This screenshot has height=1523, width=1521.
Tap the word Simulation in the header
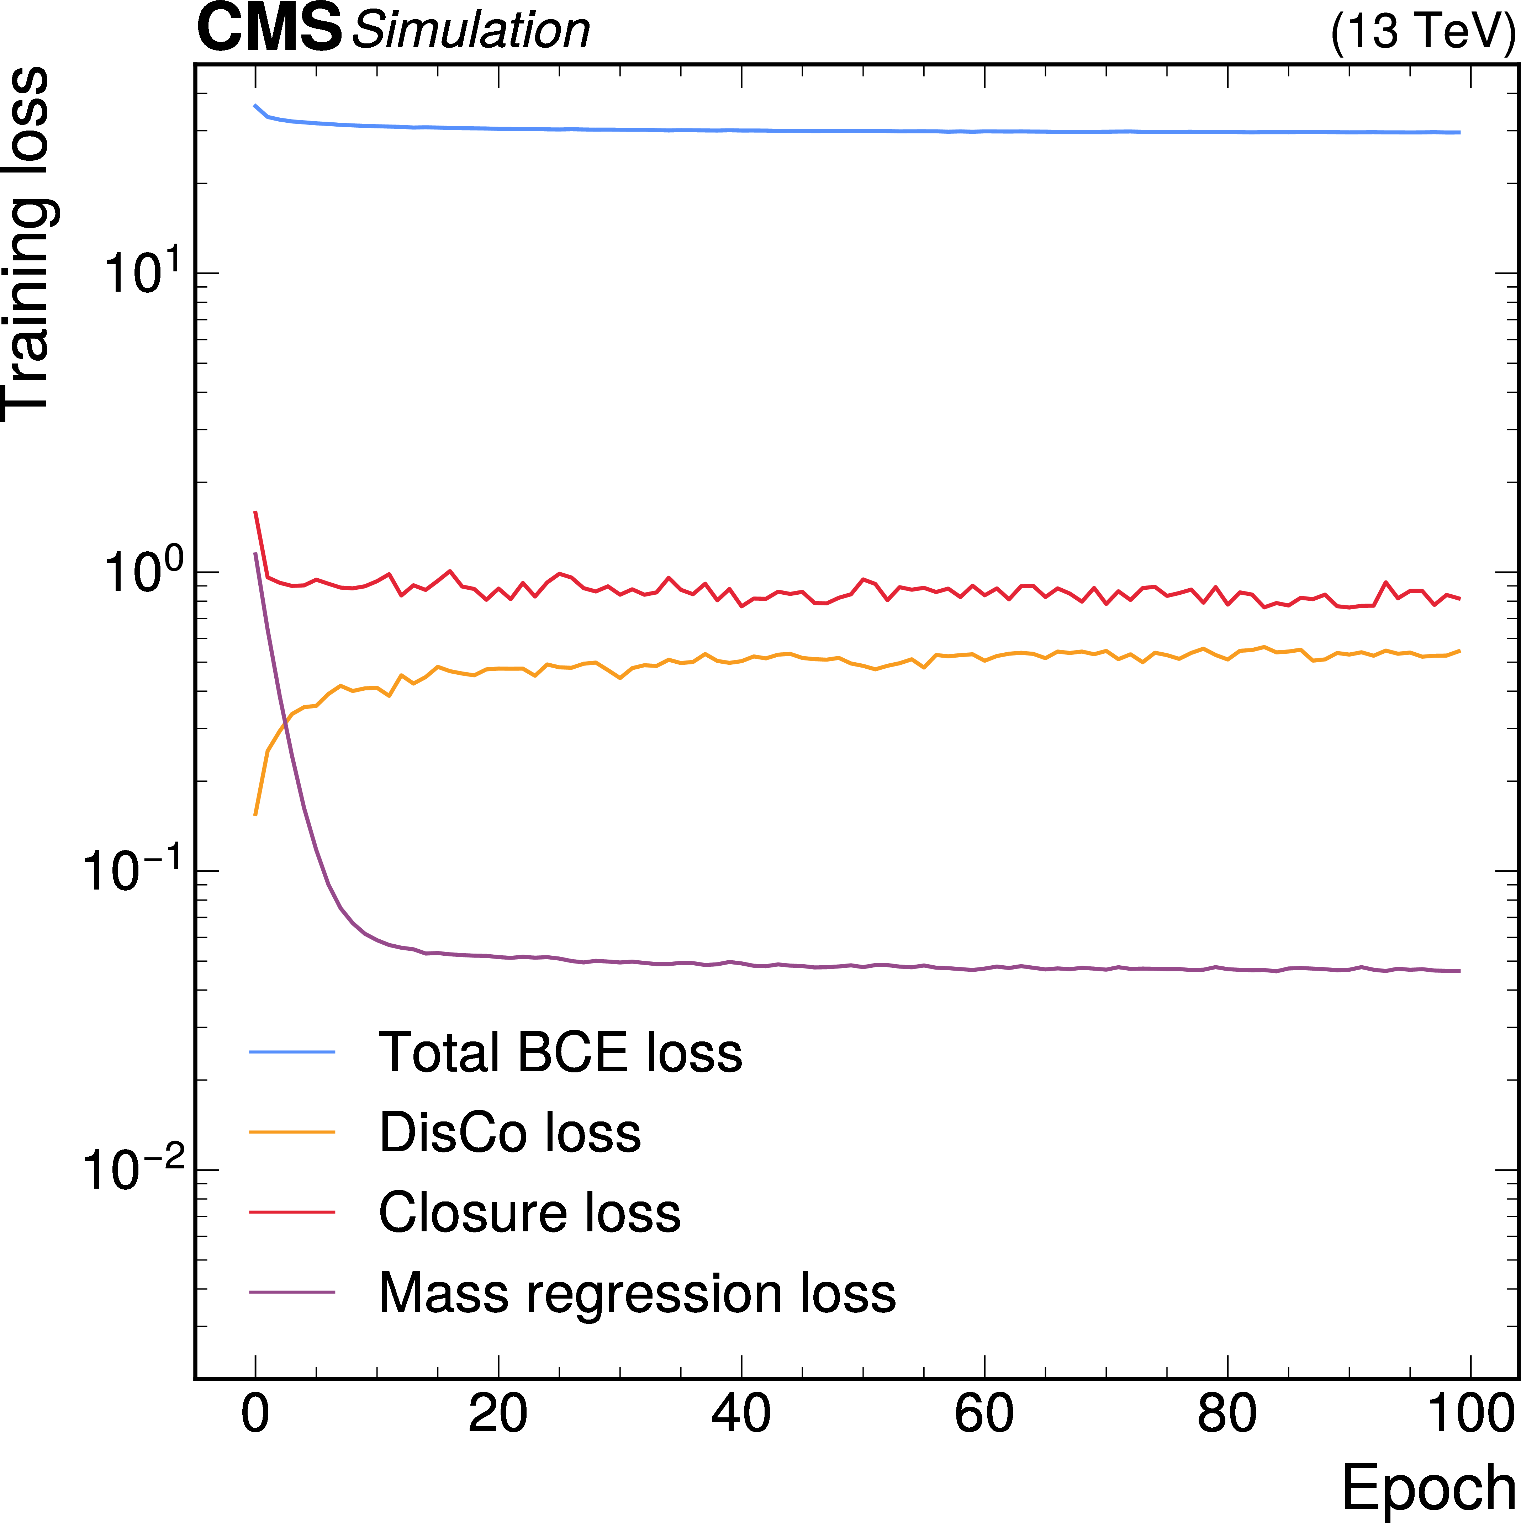pyautogui.click(x=471, y=32)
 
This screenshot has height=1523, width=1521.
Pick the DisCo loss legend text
pyautogui.click(x=509, y=1133)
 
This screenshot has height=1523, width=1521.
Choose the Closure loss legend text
pyautogui.click(x=529, y=1212)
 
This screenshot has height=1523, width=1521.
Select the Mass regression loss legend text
pyautogui.click(x=637, y=1293)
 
